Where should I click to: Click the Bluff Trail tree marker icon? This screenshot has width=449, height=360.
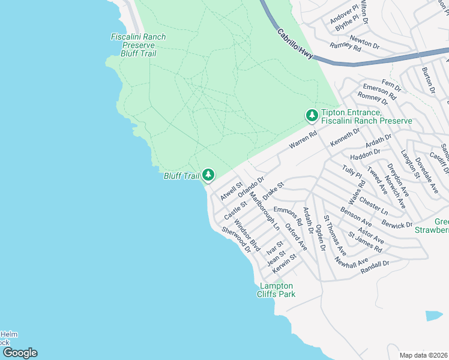[x=208, y=175]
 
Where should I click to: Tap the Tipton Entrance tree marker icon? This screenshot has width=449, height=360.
[x=312, y=115]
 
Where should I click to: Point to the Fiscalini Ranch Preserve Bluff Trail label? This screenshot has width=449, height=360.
[x=139, y=45]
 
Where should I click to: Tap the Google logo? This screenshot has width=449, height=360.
[x=20, y=353]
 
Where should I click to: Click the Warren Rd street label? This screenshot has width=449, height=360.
[x=303, y=142]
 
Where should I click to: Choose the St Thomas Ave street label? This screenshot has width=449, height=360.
[x=335, y=235]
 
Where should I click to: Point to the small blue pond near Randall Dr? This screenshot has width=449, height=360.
[x=434, y=316]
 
